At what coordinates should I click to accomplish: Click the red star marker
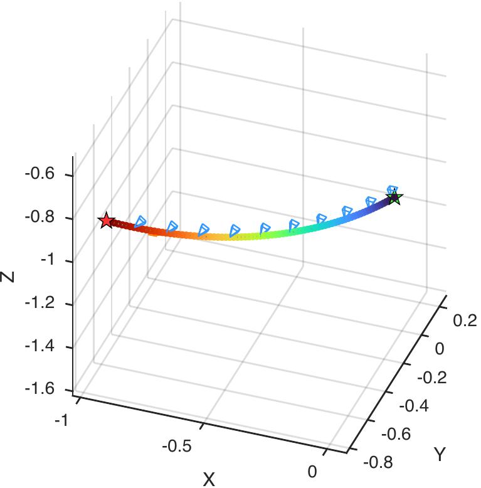coord(106,221)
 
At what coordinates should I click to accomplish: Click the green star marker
coord(394,198)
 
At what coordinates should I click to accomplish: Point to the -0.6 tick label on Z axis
coord(39,174)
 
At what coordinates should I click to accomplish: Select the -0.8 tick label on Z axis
coord(39,218)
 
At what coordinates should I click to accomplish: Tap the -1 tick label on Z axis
coord(47,261)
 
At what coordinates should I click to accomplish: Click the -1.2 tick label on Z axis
coord(39,304)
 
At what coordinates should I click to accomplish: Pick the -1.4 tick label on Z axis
coord(39,347)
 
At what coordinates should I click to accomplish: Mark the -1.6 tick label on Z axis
coord(39,390)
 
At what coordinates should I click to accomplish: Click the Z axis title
coord(8,276)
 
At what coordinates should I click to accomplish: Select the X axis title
coord(209,479)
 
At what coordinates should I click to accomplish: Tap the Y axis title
coord(440,454)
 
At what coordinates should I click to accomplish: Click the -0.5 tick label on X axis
coord(176,447)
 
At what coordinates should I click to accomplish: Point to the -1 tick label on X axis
coord(61,420)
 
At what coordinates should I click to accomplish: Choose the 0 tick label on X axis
coord(312,472)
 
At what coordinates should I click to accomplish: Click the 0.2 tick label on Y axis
coord(464,321)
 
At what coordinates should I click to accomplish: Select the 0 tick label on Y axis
coord(439,349)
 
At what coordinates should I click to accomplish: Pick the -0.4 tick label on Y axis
coord(415,406)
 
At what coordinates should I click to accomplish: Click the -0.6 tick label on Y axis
coord(396,434)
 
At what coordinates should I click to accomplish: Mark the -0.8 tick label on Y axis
coord(378,463)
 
